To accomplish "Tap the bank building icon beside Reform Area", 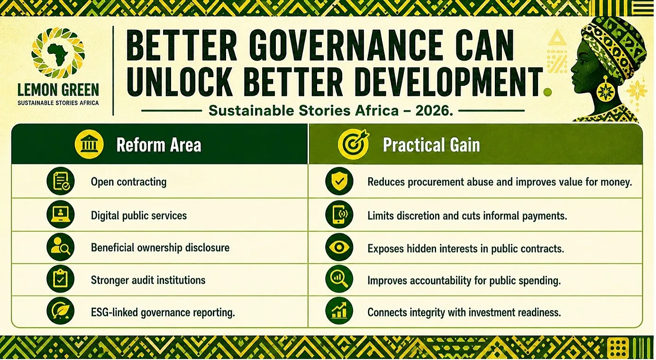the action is (89, 144).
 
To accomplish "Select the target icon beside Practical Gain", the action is (354, 144).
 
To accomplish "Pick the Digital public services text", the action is (139, 216).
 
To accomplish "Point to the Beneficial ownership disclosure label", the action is (160, 248).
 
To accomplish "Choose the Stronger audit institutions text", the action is (148, 280).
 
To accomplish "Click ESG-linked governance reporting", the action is (163, 313).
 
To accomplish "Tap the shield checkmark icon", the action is (339, 181).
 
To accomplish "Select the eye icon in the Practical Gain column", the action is (339, 247).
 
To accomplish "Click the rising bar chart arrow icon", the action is (339, 311).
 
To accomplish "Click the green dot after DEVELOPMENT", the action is (547, 92).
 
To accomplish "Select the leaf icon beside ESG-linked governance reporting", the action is (61, 311).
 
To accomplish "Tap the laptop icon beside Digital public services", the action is (61, 214).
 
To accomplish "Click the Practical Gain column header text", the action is (431, 144).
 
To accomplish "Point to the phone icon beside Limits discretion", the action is (339, 214).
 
